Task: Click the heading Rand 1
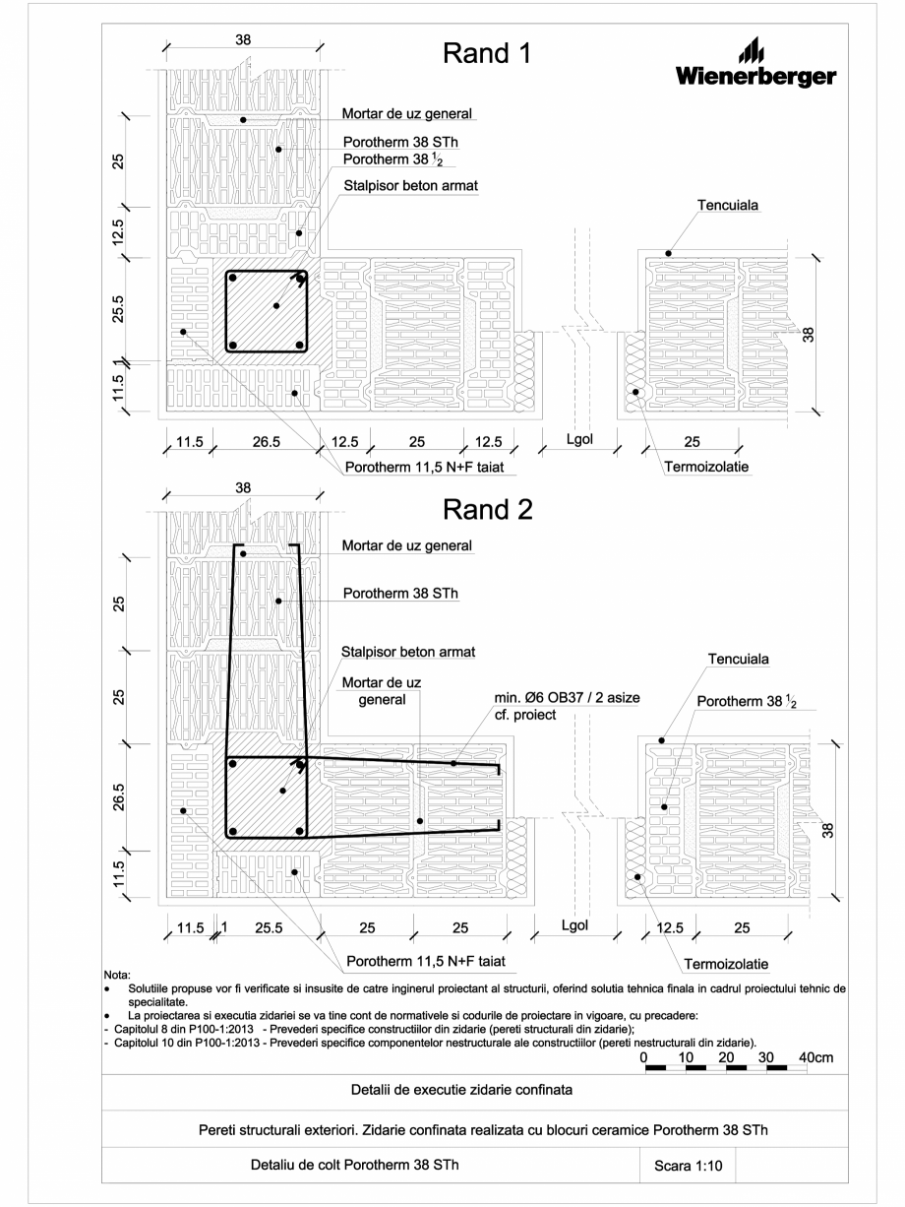click(489, 53)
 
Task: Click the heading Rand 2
click(489, 509)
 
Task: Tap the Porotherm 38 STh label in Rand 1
click(396, 141)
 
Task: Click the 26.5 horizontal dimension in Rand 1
click(263, 442)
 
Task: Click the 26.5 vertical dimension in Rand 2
click(117, 794)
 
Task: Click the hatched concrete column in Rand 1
click(264, 311)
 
